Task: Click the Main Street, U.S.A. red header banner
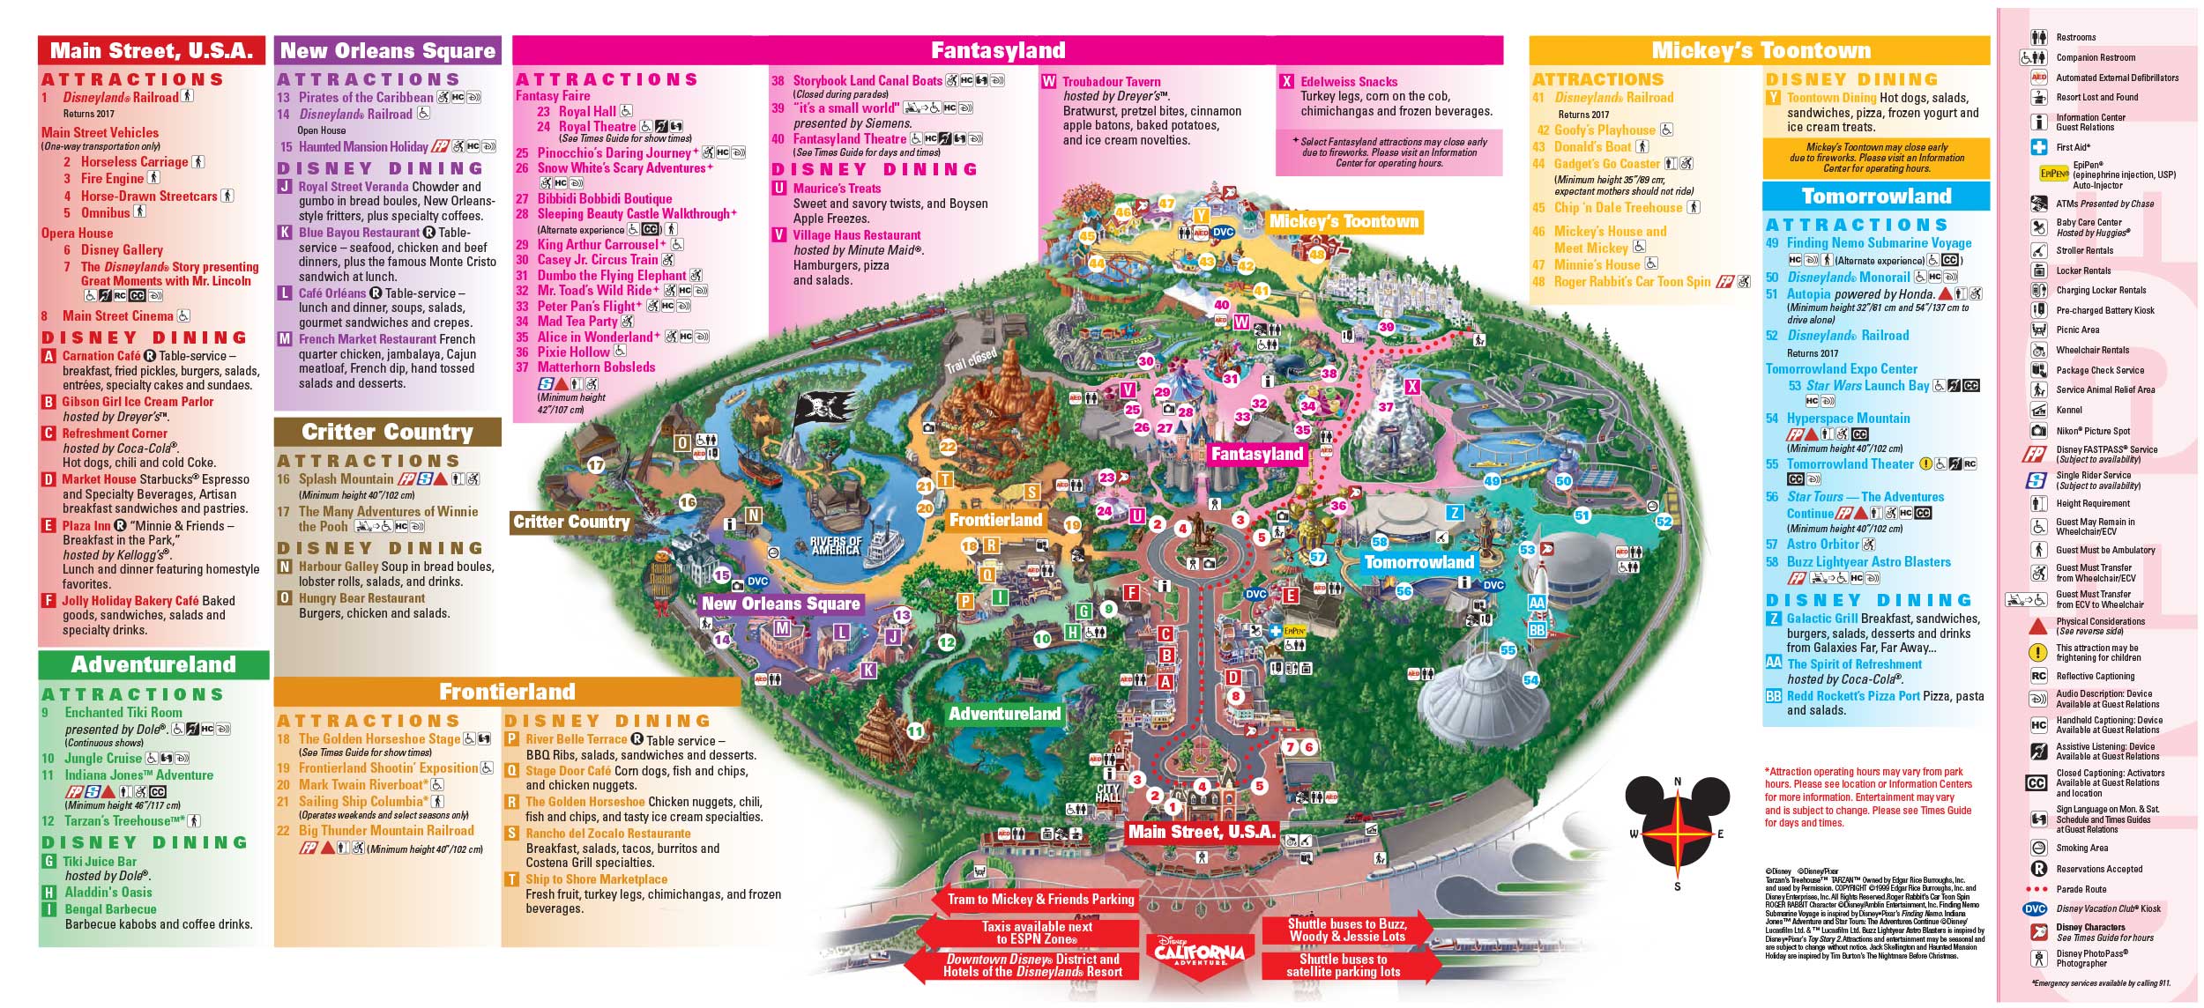152,50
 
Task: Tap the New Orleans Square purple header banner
388,50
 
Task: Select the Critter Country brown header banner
388,432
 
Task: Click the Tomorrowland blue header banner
1876,196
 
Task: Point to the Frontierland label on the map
995,520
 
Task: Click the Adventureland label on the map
1004,714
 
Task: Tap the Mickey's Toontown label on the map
1344,221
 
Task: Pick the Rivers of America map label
836,545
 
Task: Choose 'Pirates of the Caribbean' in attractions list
366,98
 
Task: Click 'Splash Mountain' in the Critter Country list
346,479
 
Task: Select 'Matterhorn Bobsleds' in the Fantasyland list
597,367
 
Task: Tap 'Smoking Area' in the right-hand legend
2082,848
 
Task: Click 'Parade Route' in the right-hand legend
2081,889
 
